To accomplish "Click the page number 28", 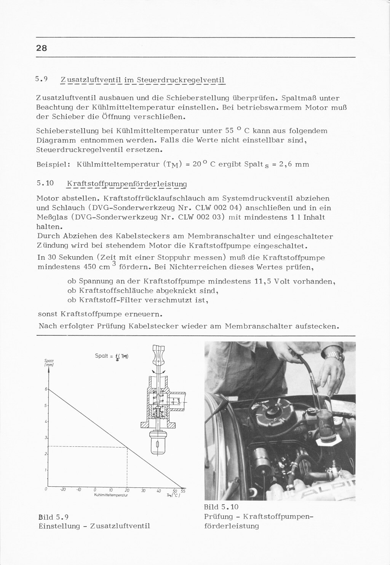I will (42, 48).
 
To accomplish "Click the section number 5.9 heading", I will (41, 79).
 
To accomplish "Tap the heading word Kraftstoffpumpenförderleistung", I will (127, 184).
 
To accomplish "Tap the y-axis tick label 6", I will (46, 389).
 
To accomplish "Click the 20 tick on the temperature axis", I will (127, 490).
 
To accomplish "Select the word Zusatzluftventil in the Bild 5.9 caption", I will (122, 526).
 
